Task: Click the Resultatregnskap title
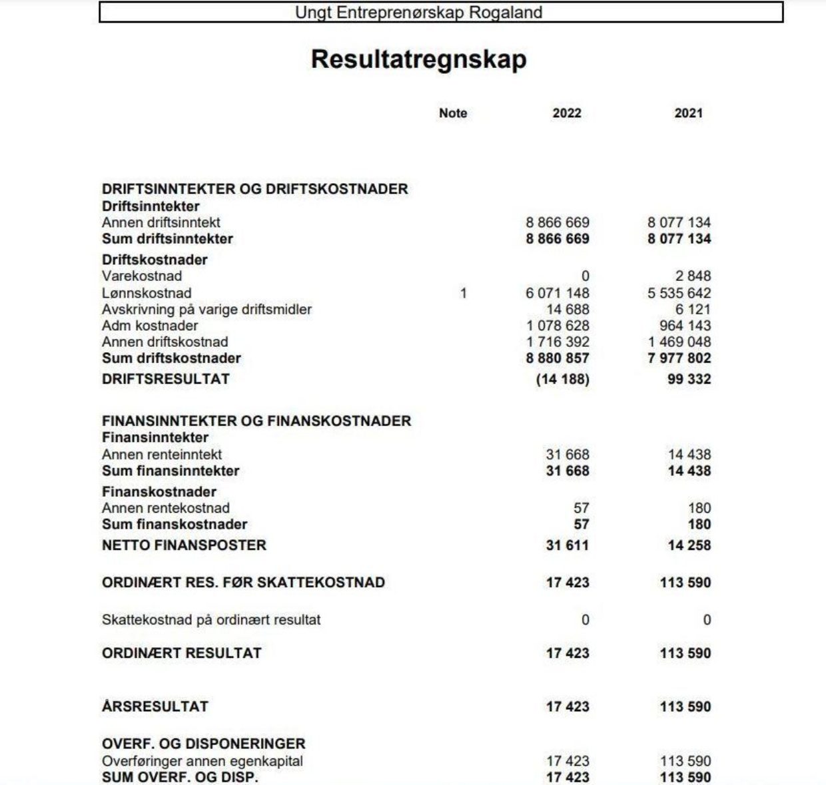pos(418,59)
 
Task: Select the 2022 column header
pos(567,113)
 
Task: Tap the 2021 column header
pos(688,113)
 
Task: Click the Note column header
pos(453,113)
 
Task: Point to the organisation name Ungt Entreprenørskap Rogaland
pos(418,13)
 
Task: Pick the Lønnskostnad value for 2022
pos(558,293)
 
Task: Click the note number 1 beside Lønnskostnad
pos(464,293)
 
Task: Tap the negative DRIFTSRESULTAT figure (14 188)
pos(563,380)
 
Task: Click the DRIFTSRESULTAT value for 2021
pos(689,380)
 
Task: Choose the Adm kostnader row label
pos(150,326)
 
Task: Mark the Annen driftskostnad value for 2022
pos(558,342)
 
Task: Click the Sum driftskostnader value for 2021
pos(679,358)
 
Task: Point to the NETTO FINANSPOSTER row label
pos(184,545)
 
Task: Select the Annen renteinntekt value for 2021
pos(689,455)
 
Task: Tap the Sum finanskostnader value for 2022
pos(581,525)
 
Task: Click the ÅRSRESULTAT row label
pos(155,706)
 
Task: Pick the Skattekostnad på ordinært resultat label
pos(211,620)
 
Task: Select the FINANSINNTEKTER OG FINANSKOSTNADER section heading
pos(256,421)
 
